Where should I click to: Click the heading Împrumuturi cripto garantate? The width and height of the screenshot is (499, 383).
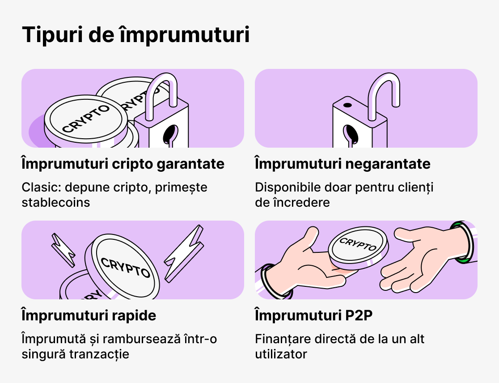point(123,164)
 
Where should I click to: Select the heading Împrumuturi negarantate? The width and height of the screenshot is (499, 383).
point(343,164)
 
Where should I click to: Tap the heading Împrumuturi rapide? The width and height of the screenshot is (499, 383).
point(89,315)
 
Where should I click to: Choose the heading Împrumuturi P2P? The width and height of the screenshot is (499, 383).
point(314,315)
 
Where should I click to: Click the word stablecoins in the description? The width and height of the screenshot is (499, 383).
point(55,202)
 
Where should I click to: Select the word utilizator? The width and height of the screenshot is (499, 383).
point(281,354)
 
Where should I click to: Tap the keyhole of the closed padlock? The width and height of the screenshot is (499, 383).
point(171,135)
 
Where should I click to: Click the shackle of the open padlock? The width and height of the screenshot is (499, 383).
point(384,92)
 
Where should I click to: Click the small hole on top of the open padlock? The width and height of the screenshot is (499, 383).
point(347,106)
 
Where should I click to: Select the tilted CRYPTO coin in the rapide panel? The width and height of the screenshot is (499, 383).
point(125,266)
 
